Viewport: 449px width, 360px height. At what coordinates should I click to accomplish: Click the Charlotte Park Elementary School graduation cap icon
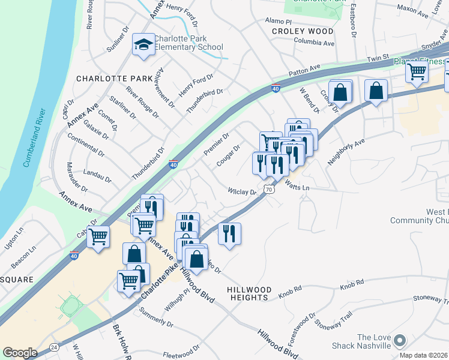pos(143,44)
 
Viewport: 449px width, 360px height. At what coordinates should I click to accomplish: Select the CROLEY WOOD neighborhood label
pos(303,31)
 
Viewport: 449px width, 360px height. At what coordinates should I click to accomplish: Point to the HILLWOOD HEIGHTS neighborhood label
pos(248,293)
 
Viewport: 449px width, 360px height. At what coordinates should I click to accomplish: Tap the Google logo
pos(20,353)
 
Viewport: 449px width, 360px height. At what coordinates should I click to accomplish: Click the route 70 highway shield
pos(270,189)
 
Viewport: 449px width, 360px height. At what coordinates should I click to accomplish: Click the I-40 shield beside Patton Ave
pos(275,89)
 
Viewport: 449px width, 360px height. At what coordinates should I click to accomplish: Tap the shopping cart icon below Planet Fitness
pos(416,71)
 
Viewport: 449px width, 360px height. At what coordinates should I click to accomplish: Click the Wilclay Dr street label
pos(242,192)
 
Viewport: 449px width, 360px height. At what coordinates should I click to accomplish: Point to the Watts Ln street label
pos(297,188)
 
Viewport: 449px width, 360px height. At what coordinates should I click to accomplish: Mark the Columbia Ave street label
pos(314,43)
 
